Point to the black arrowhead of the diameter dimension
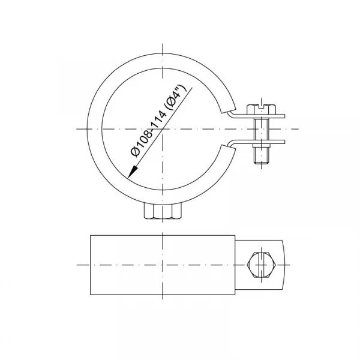click(133, 172)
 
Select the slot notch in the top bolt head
click(261, 106)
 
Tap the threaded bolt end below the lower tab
click(261, 155)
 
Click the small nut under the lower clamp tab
click(261, 145)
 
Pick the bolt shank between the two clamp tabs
click(261, 129)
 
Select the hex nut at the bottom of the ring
click(163, 211)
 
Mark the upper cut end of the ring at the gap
click(228, 110)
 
